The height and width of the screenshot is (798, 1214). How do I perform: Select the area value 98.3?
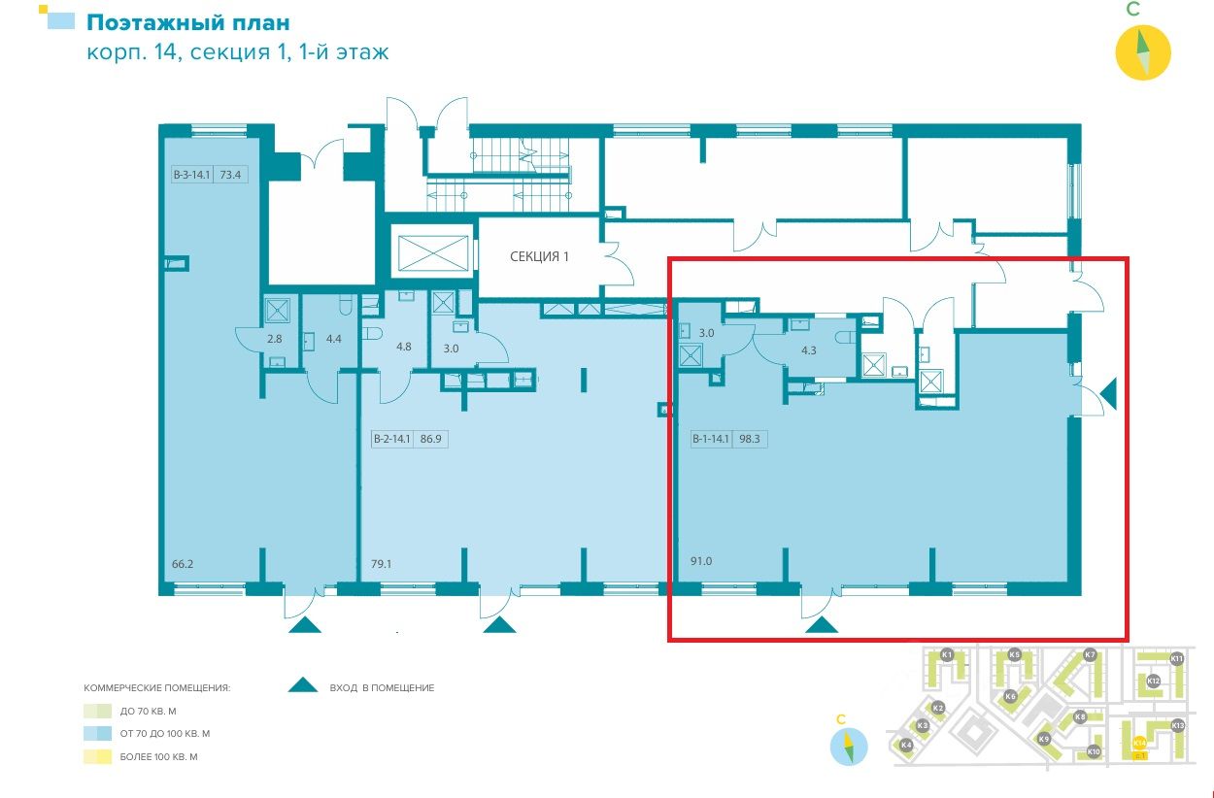click(749, 439)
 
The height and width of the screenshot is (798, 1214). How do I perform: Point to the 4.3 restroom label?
click(808, 352)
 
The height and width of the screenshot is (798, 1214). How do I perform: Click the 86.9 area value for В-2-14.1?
click(430, 439)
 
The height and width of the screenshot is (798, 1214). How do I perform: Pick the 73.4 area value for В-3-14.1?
click(230, 176)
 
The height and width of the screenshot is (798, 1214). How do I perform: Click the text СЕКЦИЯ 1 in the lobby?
click(540, 257)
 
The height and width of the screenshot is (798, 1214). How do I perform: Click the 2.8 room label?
click(274, 339)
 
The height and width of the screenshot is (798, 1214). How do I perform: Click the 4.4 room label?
click(334, 339)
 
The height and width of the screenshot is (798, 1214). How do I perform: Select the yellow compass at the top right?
click(1143, 50)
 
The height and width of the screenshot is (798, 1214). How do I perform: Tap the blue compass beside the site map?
click(848, 746)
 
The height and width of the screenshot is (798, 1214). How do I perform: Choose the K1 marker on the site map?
click(948, 655)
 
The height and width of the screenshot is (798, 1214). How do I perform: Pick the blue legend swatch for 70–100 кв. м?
click(96, 734)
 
